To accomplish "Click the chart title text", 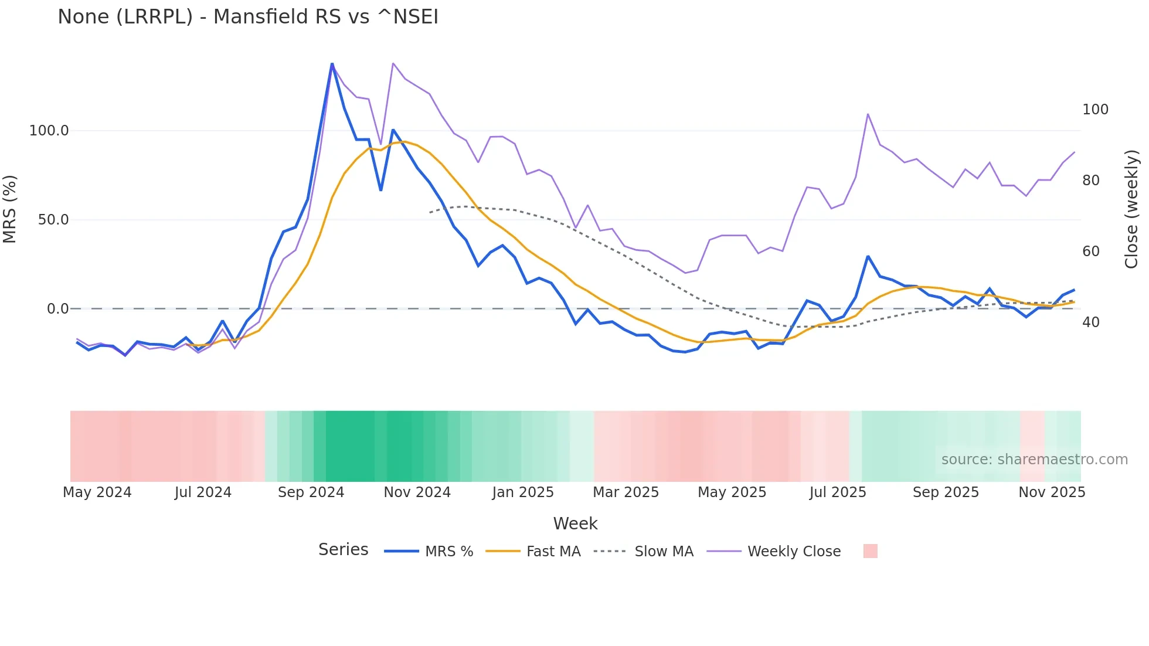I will click(248, 17).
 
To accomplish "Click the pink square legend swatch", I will click(871, 551).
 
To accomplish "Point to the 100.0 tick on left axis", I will click(49, 131).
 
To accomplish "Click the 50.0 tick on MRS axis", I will click(53, 220).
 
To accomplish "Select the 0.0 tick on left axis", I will click(57, 309).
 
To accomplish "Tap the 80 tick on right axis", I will click(1091, 181).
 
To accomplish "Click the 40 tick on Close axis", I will click(1091, 322).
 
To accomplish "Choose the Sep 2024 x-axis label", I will click(311, 492).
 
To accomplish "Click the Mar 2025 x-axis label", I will click(626, 492).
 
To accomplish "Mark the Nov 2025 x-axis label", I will click(1052, 492).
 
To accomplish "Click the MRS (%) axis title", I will click(10, 209).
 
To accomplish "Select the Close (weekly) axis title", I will click(1131, 209).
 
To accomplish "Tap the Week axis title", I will click(575, 523).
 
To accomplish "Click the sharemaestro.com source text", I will click(1034, 460).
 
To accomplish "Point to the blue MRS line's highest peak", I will click(332, 64).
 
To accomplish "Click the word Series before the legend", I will click(343, 550).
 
